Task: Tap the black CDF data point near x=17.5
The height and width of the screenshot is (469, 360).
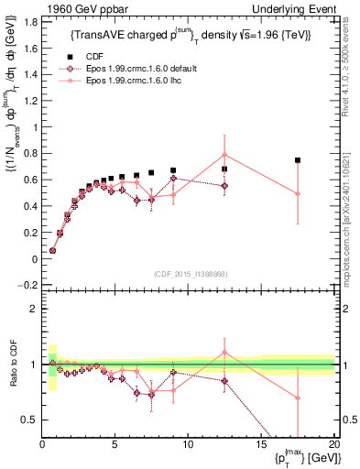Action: coord(298,160)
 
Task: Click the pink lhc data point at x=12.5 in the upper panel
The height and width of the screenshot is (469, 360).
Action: coord(224,155)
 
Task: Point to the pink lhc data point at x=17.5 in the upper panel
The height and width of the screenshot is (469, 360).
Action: coord(298,193)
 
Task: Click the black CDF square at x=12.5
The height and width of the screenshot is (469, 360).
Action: coord(224,169)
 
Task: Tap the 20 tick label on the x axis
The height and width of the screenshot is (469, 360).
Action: coord(333,444)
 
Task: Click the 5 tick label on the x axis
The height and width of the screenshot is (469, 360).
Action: coord(115,444)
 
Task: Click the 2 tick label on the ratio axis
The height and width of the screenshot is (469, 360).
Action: coord(32,309)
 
